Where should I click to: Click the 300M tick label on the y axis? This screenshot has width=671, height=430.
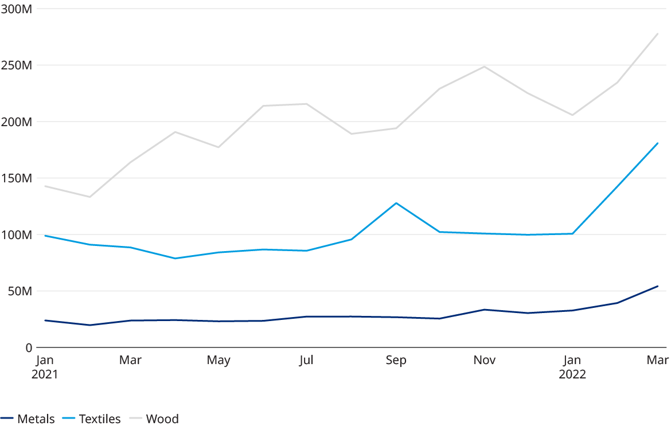[x=16, y=9]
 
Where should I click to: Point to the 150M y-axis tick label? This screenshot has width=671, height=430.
[x=16, y=178]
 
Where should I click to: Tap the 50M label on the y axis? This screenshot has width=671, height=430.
[x=19, y=291]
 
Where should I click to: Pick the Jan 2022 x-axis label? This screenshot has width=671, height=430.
[x=572, y=367]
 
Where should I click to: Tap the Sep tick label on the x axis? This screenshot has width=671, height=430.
[x=396, y=360]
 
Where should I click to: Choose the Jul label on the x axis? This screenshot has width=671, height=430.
[x=307, y=360]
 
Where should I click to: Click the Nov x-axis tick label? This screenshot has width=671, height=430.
[x=485, y=360]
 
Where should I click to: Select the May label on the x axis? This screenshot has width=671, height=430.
[x=219, y=360]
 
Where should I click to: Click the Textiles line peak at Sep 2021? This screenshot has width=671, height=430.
[x=396, y=203]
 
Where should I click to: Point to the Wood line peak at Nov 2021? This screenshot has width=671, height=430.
[x=485, y=67]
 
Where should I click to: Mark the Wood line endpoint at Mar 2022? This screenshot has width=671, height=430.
[x=657, y=33]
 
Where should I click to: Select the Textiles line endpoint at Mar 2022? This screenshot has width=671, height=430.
[x=657, y=143]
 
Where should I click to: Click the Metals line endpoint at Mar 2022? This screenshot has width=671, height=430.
[x=657, y=286]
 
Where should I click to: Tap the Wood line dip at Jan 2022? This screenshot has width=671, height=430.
[x=572, y=115]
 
